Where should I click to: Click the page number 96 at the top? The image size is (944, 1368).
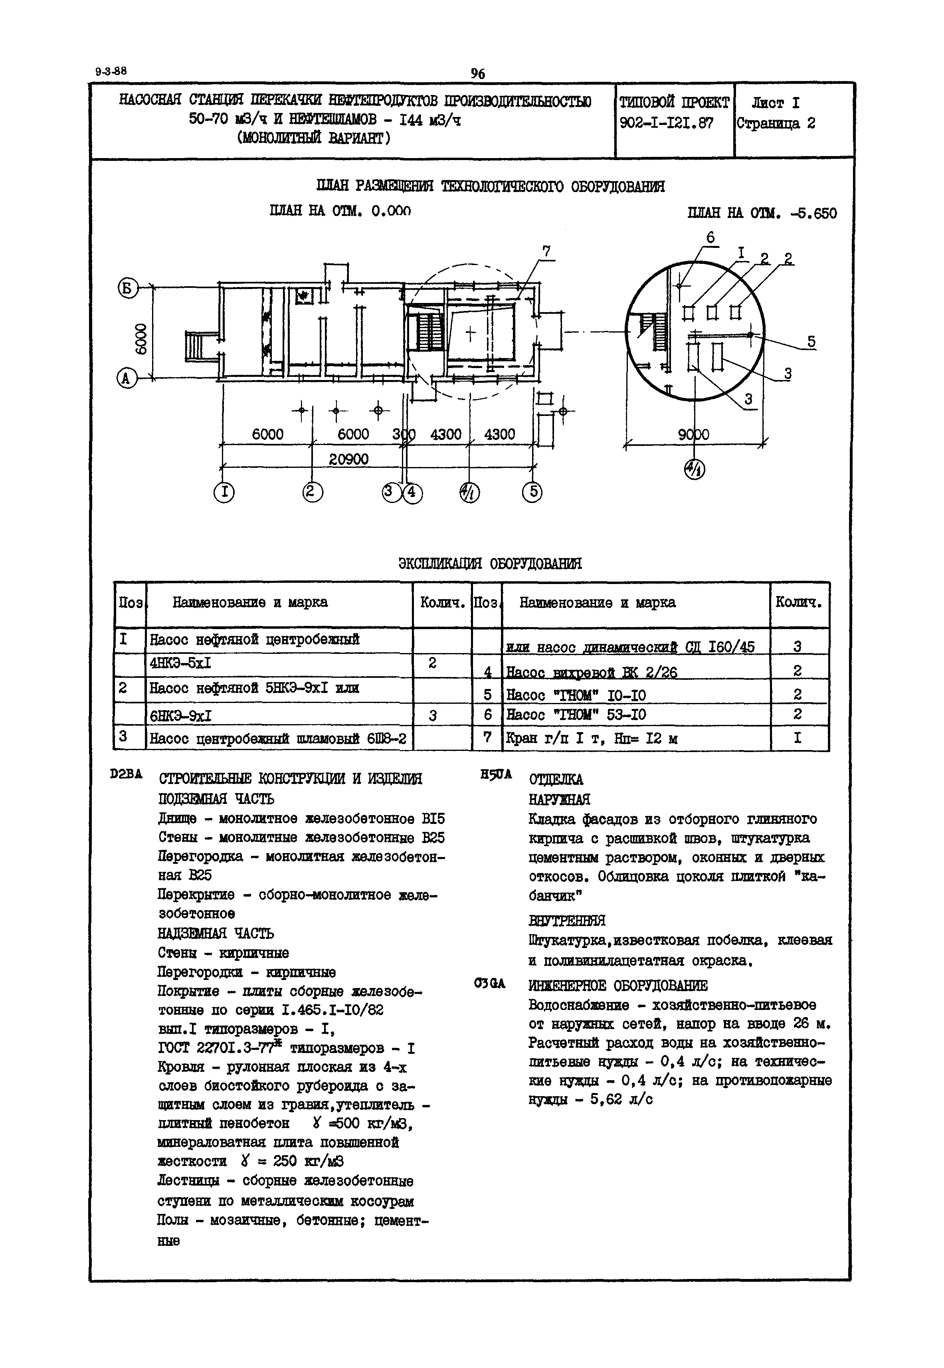click(x=477, y=73)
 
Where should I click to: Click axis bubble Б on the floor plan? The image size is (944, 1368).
click(x=127, y=289)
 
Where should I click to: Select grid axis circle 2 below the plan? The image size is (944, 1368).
click(x=312, y=492)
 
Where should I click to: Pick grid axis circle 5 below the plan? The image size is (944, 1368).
click(x=532, y=492)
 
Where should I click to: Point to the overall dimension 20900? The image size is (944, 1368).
click(x=348, y=459)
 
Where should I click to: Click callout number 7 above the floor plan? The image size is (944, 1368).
click(x=546, y=251)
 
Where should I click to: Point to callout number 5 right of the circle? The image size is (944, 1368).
click(x=811, y=342)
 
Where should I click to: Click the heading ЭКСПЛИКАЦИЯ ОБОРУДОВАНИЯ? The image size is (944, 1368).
click(x=490, y=563)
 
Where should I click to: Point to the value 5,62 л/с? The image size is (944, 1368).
click(x=621, y=1099)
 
